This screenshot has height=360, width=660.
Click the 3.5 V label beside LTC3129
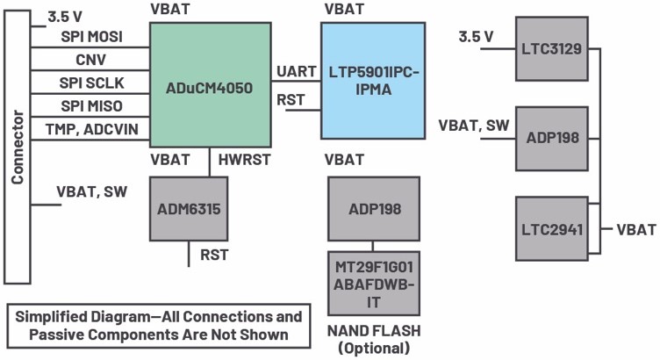point(477,37)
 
